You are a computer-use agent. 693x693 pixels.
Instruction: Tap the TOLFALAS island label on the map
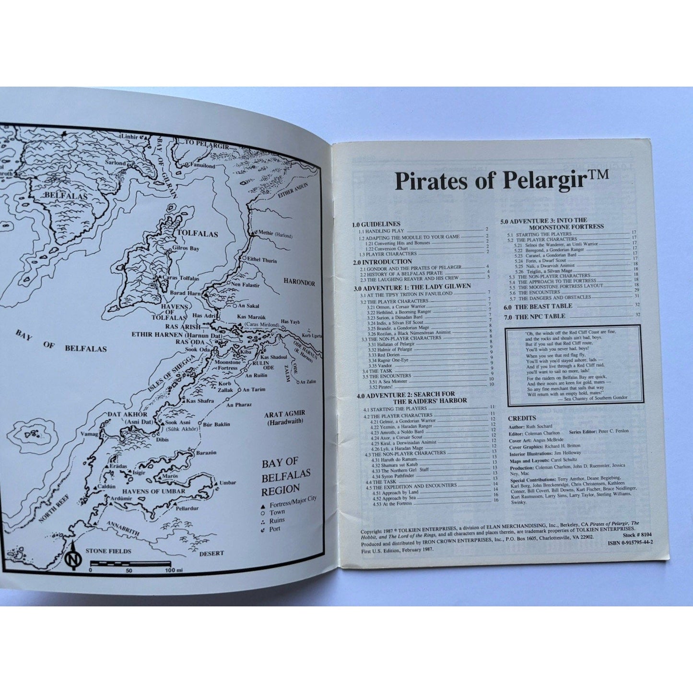[197, 235]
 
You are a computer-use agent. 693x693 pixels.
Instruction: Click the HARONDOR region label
[299, 283]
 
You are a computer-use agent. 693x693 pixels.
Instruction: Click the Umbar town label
[227, 482]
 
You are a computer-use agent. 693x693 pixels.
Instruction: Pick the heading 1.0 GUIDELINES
[376, 224]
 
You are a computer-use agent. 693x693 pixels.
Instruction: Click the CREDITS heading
[522, 418]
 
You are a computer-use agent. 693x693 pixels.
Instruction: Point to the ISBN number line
[630, 542]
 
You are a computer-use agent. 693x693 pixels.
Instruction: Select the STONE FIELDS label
[108, 551]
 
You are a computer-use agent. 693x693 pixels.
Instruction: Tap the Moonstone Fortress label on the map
[227, 365]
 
